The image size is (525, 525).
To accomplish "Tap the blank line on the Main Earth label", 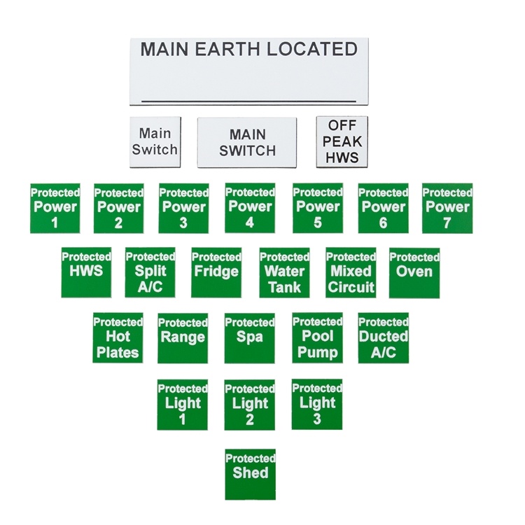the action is [x=248, y=100].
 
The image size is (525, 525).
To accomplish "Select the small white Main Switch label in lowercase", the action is [x=155, y=142].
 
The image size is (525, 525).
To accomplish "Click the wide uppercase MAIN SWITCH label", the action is [x=247, y=142].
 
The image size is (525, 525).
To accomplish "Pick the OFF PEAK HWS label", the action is [x=342, y=141].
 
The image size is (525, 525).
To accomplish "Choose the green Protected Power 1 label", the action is [x=55, y=209].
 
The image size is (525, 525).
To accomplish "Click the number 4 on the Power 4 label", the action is [x=250, y=223].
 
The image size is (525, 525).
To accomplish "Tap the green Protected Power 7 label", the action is [x=447, y=209].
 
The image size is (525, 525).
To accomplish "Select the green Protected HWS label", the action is [x=86, y=272].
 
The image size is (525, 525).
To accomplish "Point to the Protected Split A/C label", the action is [x=150, y=272].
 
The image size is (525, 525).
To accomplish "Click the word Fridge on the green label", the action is [x=216, y=272].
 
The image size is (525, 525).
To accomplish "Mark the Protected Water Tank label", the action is [x=284, y=273].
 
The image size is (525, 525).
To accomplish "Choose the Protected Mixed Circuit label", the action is [x=351, y=273].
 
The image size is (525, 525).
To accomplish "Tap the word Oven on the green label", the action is [x=414, y=272].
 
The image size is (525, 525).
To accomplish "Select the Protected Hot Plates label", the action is [x=118, y=338].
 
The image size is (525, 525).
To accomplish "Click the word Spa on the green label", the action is [x=249, y=337].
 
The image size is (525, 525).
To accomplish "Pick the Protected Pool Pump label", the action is [x=317, y=338].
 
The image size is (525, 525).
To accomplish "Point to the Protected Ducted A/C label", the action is [x=384, y=338].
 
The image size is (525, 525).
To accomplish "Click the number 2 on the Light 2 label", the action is [x=250, y=419].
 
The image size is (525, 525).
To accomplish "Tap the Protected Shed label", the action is [x=250, y=475].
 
